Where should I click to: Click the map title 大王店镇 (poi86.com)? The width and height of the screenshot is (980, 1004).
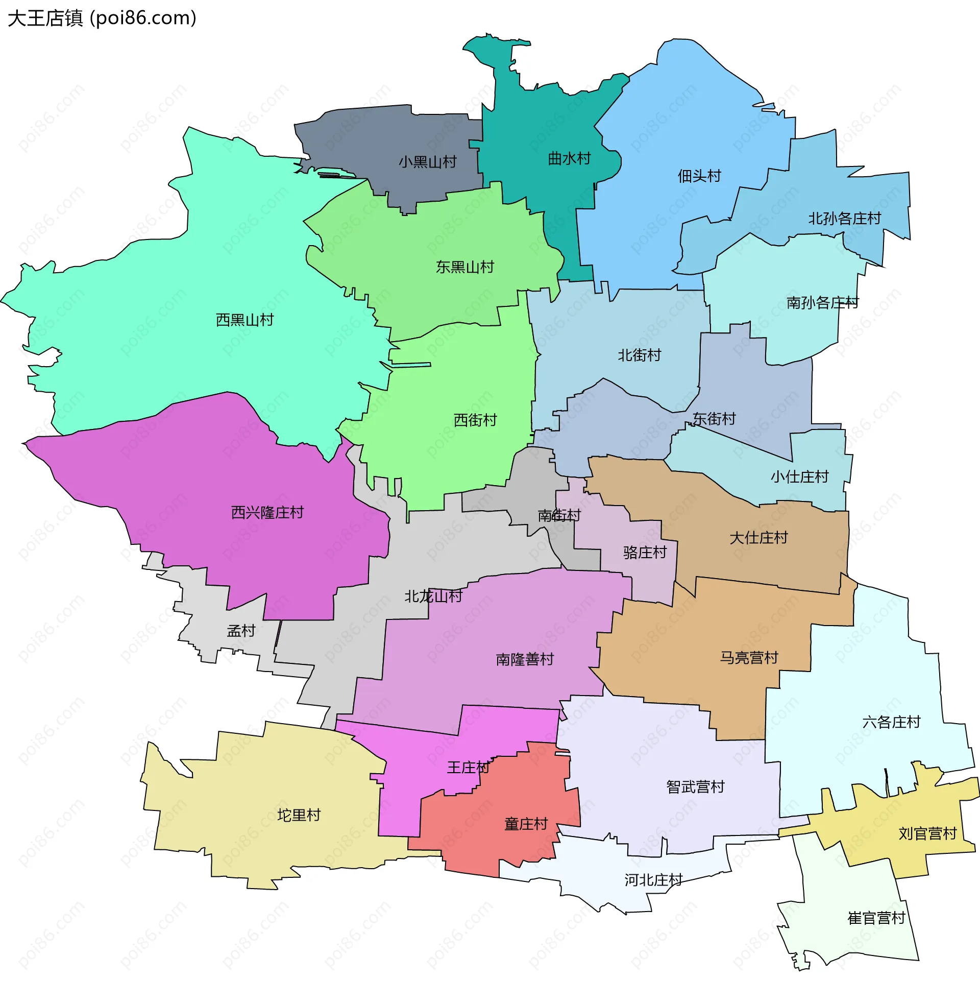coord(102,18)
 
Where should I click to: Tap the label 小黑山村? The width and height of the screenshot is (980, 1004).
coord(427,162)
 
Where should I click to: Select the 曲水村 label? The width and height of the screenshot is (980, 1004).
coord(569,159)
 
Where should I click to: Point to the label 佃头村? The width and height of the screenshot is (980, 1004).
coord(699,176)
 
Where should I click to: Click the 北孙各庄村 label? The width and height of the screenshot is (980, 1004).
coord(844,219)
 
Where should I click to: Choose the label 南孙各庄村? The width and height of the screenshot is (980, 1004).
coord(822,303)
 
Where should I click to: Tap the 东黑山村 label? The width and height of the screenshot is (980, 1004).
coord(464,267)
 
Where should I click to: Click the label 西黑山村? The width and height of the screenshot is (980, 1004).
coord(244,320)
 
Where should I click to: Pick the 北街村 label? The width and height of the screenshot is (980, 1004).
coord(639,355)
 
